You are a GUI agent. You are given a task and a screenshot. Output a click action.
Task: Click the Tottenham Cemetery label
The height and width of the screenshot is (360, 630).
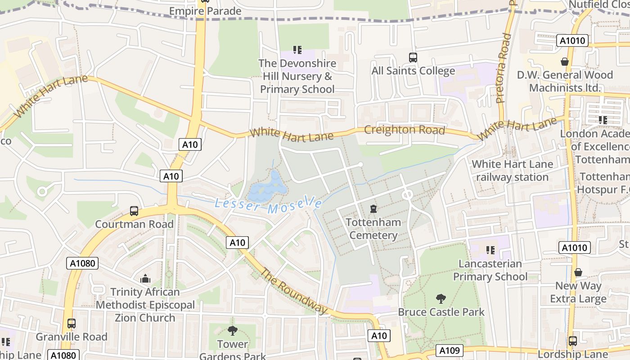(x=373, y=229)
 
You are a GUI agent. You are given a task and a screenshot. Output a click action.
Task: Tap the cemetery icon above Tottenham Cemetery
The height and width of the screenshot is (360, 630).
(x=373, y=209)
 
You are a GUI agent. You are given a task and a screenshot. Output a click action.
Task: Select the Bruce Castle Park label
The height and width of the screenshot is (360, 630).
(x=441, y=312)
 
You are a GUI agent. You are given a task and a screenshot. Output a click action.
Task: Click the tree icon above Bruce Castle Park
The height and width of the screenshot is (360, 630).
(x=441, y=298)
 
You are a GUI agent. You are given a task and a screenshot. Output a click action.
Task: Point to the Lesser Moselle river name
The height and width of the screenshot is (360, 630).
(x=268, y=205)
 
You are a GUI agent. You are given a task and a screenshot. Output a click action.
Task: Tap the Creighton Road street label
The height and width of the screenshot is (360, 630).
(x=404, y=130)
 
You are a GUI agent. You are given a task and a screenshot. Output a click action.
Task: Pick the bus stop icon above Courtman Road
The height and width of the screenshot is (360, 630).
(x=134, y=211)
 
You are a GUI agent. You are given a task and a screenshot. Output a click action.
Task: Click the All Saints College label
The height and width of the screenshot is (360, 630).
(x=413, y=71)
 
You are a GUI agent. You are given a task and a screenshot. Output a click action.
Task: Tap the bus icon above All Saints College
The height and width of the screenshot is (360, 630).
(x=413, y=57)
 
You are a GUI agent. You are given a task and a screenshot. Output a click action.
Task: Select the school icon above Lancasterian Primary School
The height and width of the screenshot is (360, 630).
(x=490, y=250)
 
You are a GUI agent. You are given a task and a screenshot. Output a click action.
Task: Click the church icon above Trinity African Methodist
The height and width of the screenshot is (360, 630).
(x=145, y=279)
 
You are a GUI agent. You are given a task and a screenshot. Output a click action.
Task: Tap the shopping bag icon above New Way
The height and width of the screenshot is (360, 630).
(x=578, y=272)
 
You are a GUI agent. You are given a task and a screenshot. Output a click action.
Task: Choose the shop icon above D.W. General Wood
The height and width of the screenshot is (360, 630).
(x=565, y=61)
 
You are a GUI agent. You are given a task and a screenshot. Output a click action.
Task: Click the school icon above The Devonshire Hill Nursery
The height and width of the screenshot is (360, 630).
(x=297, y=49)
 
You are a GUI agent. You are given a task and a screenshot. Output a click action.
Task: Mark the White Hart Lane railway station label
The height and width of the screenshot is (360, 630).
(x=512, y=171)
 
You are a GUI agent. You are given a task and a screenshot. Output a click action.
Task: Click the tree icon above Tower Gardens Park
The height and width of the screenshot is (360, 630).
(x=233, y=331)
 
